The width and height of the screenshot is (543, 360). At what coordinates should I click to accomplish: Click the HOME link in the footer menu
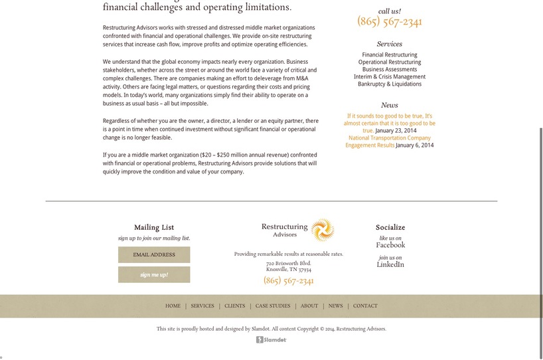click(x=173, y=306)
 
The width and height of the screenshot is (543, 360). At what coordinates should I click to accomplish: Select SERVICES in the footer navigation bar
click(x=202, y=306)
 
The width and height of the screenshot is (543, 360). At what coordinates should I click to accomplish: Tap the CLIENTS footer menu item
click(x=235, y=306)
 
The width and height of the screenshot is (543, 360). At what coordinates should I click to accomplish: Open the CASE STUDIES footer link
click(x=273, y=306)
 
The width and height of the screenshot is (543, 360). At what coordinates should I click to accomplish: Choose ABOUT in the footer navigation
click(x=309, y=306)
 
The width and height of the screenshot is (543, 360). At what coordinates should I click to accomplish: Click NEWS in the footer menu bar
click(x=336, y=306)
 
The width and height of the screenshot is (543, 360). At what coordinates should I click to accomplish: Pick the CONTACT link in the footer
click(x=365, y=306)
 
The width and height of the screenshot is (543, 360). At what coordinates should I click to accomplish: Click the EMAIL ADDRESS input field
click(x=154, y=255)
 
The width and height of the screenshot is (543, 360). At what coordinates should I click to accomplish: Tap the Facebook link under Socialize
click(x=390, y=245)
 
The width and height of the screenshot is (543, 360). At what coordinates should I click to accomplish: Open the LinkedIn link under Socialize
click(x=390, y=265)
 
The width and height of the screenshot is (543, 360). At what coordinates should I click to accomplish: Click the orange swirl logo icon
click(x=323, y=230)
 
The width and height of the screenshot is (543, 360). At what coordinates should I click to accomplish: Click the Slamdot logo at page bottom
click(x=271, y=340)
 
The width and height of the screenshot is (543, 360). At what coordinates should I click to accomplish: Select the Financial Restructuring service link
click(x=390, y=55)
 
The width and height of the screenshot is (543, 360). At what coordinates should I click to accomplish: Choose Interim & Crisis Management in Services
click(x=390, y=77)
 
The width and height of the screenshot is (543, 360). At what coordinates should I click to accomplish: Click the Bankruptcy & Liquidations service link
click(x=390, y=84)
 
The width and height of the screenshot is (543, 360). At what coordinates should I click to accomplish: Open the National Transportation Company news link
click(x=389, y=138)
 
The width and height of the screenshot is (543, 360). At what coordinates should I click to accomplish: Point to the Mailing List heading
click(x=154, y=227)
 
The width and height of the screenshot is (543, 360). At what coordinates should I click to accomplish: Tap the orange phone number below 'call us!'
click(x=390, y=22)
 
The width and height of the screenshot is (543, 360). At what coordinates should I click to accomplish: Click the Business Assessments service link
click(x=390, y=70)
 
